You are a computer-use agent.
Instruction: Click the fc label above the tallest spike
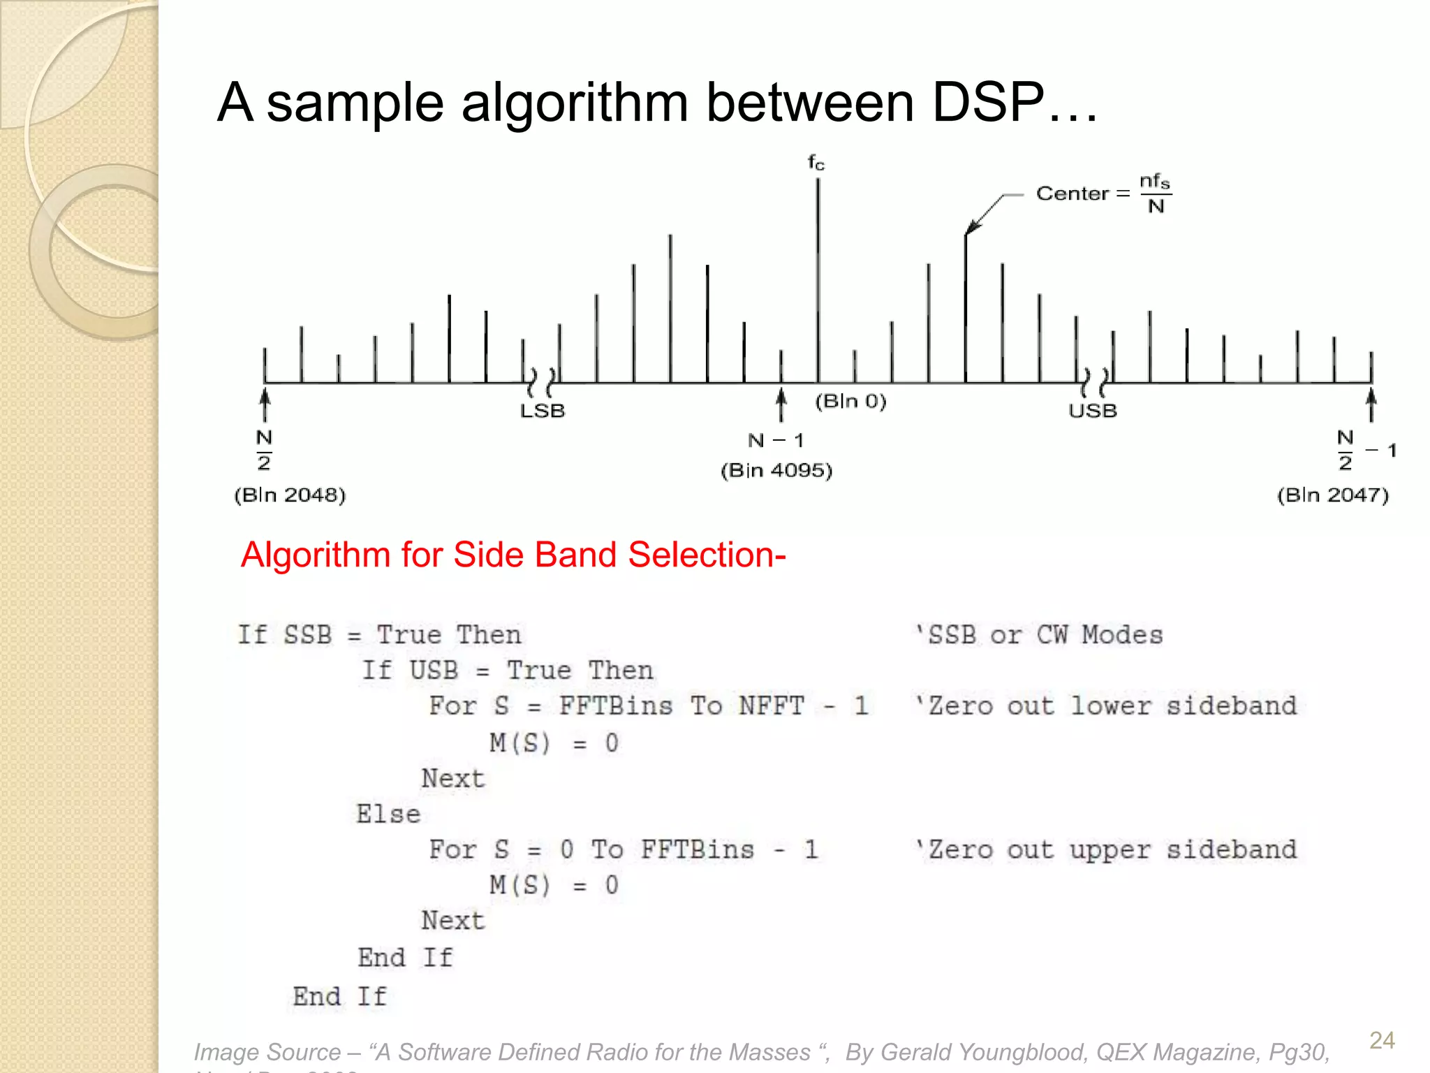pyautogui.click(x=816, y=163)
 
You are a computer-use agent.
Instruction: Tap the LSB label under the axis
pyautogui.click(x=543, y=411)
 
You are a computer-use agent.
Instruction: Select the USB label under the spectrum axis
pyautogui.click(x=1093, y=411)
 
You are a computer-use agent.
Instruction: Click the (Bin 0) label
pyautogui.click(x=850, y=401)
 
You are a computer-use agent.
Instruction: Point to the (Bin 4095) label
pyautogui.click(x=776, y=470)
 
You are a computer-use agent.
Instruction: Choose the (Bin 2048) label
pyautogui.click(x=290, y=495)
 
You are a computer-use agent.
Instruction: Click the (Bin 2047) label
pyautogui.click(x=1333, y=495)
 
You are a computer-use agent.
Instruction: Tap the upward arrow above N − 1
pyautogui.click(x=781, y=405)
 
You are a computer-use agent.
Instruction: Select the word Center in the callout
pyautogui.click(x=1072, y=194)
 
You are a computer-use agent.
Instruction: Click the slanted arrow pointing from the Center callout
pyautogui.click(x=985, y=215)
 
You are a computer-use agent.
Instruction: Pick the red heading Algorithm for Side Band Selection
pyautogui.click(x=513, y=555)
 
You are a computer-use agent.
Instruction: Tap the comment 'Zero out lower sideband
pyautogui.click(x=1106, y=706)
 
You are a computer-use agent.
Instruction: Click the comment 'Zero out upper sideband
pyautogui.click(x=1106, y=849)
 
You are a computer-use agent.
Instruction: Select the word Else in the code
pyautogui.click(x=388, y=814)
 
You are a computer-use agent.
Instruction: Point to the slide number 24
pyautogui.click(x=1382, y=1040)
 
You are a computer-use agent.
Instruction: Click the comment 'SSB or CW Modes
pyautogui.click(x=1039, y=635)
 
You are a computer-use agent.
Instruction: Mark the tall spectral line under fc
pyautogui.click(x=818, y=279)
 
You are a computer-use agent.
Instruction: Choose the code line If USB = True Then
pyautogui.click(x=508, y=671)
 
